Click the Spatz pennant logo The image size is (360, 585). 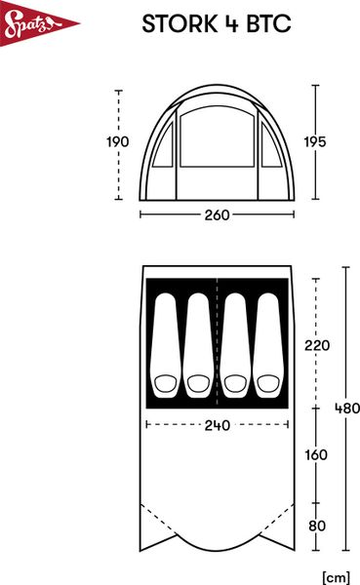(x=26, y=26)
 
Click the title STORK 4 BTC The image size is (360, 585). (x=216, y=24)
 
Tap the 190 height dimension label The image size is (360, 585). (x=117, y=142)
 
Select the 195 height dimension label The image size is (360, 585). (x=313, y=142)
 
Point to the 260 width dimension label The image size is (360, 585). (x=218, y=215)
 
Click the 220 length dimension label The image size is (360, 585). (x=317, y=345)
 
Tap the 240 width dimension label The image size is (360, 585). (x=218, y=425)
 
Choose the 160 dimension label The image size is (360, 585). (x=317, y=455)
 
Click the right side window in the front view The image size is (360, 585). (x=270, y=145)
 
